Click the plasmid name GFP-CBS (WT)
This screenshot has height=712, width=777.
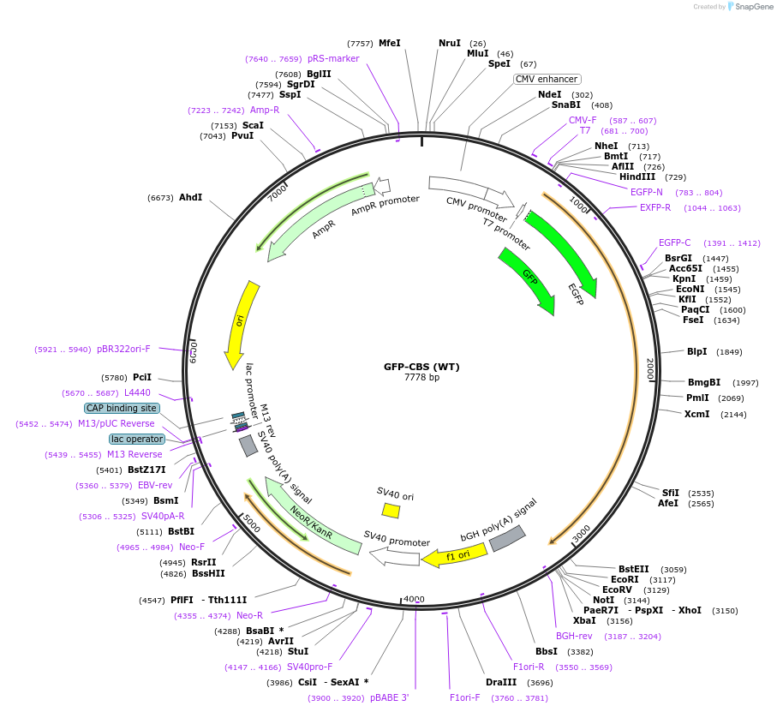pos(421,367)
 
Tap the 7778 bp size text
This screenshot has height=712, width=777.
pos(421,378)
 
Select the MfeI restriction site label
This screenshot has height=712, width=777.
pos(390,43)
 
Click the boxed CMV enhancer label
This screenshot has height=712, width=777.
pos(547,79)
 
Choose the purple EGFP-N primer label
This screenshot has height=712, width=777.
pos(647,192)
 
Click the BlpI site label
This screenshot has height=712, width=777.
pos(697,351)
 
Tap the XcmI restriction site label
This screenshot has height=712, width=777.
pos(696,415)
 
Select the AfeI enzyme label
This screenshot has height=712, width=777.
pos(668,504)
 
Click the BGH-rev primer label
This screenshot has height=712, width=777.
pos(574,636)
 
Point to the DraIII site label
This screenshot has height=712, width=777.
pos(501,683)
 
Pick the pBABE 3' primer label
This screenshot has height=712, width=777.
pos(390,697)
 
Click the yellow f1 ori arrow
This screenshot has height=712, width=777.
pos(454,556)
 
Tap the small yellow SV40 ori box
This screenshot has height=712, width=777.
pos(391,511)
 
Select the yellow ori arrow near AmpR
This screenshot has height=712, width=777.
pos(239,324)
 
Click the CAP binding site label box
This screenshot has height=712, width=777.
pos(122,409)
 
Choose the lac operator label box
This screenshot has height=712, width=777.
pos(137,439)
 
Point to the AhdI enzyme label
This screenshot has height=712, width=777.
pos(190,197)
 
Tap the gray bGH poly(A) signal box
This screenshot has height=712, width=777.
pos(507,537)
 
